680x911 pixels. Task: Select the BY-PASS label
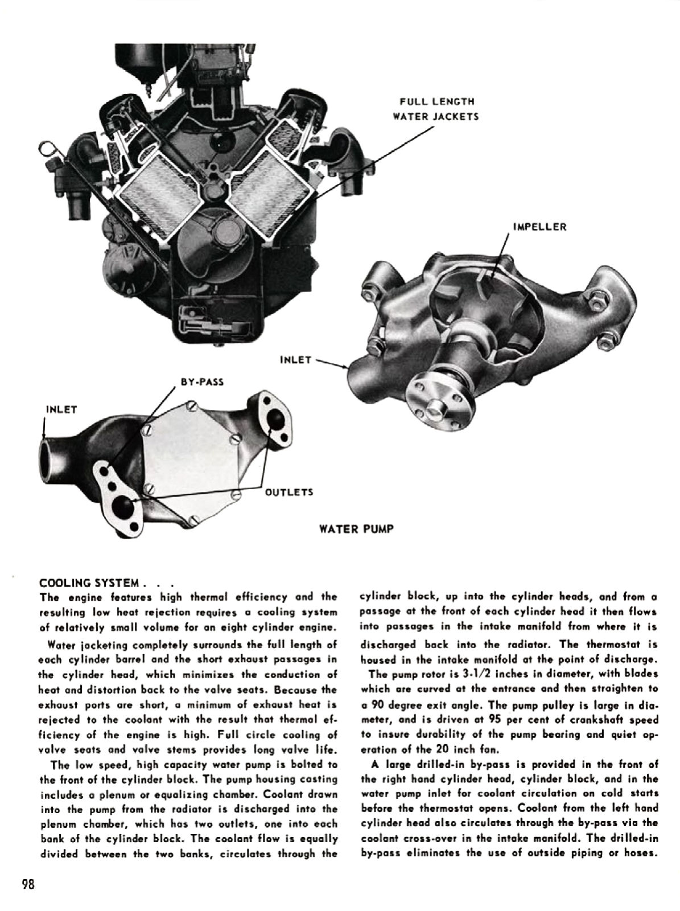coord(202,381)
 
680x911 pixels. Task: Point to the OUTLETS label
coord(289,492)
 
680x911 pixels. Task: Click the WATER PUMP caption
coord(356,529)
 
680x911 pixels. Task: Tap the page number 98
coord(28,884)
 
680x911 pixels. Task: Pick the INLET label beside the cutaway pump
coord(296,360)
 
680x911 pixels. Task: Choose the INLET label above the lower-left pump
coord(61,409)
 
